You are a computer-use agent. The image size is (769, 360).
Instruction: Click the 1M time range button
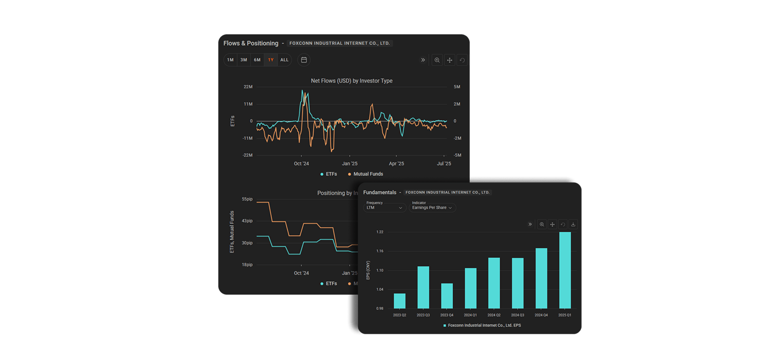coord(230,60)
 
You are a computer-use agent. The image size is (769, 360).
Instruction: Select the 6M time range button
coord(257,60)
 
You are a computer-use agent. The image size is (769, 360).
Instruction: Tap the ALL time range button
coord(284,60)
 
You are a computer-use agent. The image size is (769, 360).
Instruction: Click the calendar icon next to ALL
coord(304,60)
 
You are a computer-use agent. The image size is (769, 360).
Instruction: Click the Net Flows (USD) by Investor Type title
coord(352,81)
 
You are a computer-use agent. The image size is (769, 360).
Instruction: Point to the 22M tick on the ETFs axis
coord(248,87)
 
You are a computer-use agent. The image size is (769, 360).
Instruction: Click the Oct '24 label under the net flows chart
coord(301,164)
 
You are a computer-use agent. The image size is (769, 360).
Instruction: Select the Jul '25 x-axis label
coord(444,164)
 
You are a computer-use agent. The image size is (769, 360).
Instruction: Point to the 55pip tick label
coord(247,199)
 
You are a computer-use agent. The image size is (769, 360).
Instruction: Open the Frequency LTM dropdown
coord(384,208)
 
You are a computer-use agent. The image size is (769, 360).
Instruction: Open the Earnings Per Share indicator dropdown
coord(432,208)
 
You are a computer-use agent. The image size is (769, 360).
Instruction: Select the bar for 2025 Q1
coord(565,270)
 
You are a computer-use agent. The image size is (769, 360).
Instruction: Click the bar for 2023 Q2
coord(399,301)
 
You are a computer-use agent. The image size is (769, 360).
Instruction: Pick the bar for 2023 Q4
coord(447,296)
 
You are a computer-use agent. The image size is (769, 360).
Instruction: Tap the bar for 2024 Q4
coord(541,278)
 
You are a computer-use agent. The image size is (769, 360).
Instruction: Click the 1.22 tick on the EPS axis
coord(380,232)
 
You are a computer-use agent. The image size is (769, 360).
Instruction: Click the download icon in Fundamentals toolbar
coord(573,224)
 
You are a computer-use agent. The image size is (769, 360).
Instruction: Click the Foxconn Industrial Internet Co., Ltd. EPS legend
coord(484,326)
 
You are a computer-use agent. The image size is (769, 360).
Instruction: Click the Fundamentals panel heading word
coord(380,192)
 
